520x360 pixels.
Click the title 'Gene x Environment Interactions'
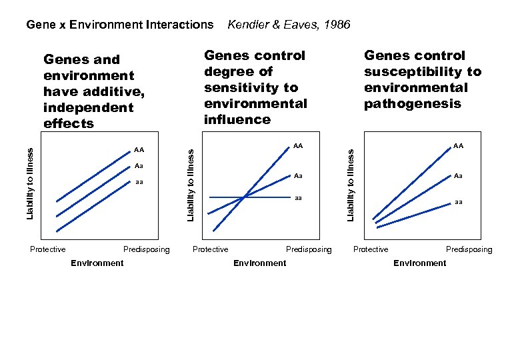[x=119, y=25]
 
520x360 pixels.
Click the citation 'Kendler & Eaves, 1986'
[x=289, y=25]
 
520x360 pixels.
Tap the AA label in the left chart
[x=139, y=150]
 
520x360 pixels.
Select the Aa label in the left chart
[x=139, y=165]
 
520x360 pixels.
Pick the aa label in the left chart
[x=139, y=181]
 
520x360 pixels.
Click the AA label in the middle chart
[x=297, y=145]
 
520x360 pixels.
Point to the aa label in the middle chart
[x=298, y=198]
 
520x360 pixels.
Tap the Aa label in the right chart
[x=458, y=176]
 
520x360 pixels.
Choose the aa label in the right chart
[x=458, y=201]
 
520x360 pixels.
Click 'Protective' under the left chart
[x=48, y=250]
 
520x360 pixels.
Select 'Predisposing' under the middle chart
[x=308, y=250]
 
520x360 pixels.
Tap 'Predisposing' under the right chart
[x=469, y=250]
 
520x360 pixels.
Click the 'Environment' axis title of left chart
[x=97, y=263]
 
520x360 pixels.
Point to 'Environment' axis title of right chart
[x=420, y=263]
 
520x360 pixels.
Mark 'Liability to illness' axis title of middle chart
[x=191, y=185]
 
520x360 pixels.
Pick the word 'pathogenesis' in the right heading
[x=412, y=103]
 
